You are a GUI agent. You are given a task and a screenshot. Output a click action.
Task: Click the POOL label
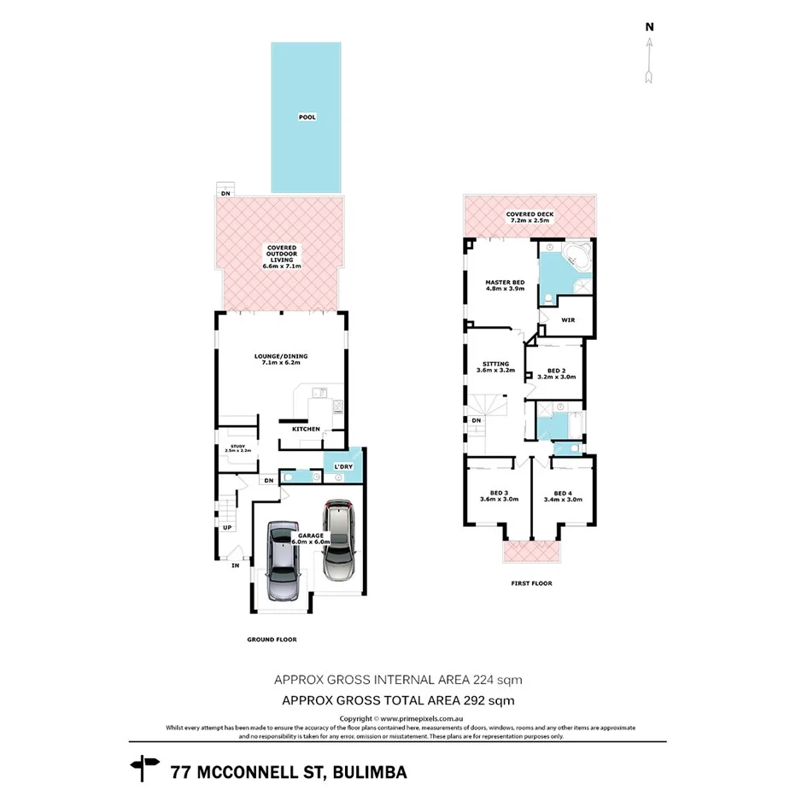click(x=306, y=117)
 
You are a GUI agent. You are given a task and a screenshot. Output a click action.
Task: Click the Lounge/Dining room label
click(x=281, y=359)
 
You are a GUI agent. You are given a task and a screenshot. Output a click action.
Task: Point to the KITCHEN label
click(x=306, y=429)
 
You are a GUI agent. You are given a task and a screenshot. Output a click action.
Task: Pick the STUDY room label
click(x=237, y=448)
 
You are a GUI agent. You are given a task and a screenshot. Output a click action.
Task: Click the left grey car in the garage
click(x=283, y=560)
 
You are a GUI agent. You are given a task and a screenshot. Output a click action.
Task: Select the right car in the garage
click(x=339, y=539)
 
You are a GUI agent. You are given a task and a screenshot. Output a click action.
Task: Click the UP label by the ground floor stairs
click(x=227, y=528)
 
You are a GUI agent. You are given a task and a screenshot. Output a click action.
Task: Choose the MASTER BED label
click(x=505, y=285)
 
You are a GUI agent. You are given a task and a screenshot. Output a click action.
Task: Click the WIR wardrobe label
click(x=567, y=320)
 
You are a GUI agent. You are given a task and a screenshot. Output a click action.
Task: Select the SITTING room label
click(x=495, y=367)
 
